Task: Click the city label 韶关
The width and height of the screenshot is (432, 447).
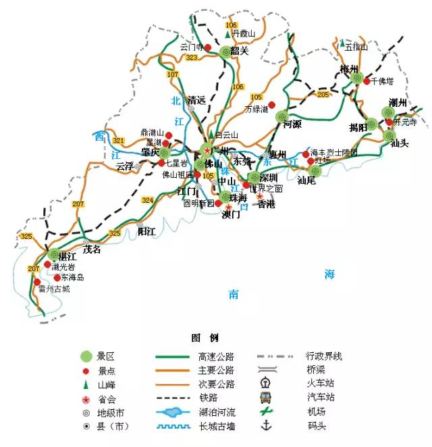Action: pos(240,51)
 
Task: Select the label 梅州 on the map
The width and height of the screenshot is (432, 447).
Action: pos(349,68)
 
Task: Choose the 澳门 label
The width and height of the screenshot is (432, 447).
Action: pos(231,216)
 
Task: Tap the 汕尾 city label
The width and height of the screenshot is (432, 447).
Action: pos(307,181)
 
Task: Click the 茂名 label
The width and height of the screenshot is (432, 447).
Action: pos(92,249)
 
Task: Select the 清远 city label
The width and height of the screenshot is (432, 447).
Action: pos(196,99)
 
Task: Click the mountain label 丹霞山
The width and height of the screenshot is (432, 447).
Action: pos(244,33)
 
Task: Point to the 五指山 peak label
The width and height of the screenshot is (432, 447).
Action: pos(356,47)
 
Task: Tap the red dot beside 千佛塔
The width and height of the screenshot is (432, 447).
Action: pos(367,81)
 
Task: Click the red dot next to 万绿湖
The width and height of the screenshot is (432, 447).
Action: pos(272,105)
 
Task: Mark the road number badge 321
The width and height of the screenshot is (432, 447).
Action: pos(119,141)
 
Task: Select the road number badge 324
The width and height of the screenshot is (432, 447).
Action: pos(147,200)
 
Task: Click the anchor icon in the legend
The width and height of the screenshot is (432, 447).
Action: pos(265,426)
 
